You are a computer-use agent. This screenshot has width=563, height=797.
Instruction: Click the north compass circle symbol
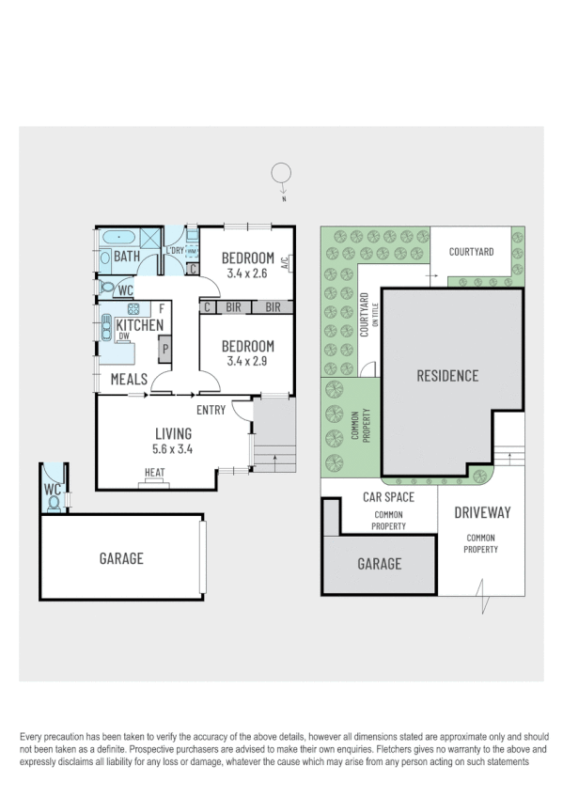280,173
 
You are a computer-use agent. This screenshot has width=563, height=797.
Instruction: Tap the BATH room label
127,257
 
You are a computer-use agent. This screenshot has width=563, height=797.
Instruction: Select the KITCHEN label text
139,325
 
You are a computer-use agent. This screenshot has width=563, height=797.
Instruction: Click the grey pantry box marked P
164,351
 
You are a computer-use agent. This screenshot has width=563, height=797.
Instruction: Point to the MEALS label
129,379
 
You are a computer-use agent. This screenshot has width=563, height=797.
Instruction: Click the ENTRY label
211,410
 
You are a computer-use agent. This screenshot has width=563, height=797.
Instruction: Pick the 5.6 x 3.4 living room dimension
173,450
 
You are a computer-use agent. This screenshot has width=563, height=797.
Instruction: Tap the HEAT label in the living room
155,473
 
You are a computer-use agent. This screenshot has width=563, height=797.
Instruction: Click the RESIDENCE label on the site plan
447,376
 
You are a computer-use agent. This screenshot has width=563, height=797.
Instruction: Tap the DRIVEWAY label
482,512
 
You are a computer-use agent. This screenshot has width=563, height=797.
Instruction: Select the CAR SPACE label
389,497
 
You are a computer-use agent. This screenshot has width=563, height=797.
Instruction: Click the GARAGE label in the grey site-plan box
379,564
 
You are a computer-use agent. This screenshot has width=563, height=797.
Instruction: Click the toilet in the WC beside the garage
54,503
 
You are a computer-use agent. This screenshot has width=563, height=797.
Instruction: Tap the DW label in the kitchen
123,336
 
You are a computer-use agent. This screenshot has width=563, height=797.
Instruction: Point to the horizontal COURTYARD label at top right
471,252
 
